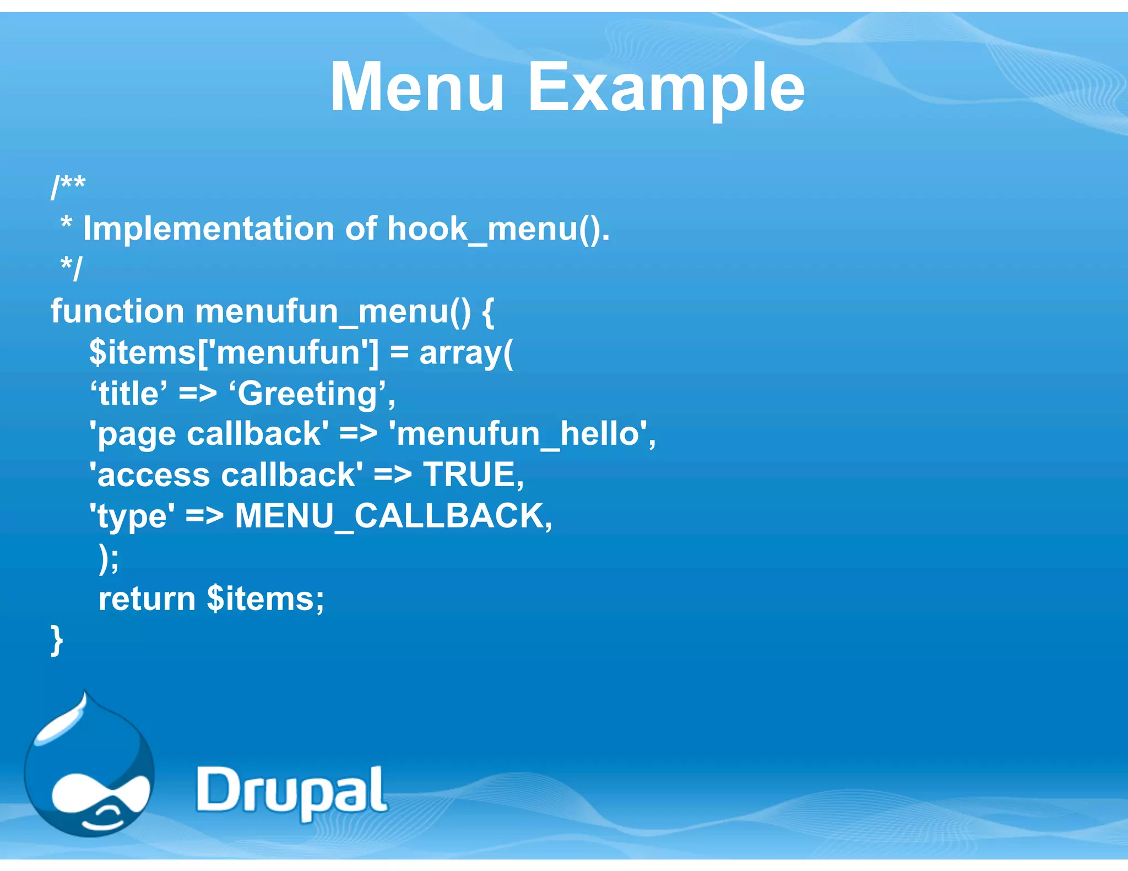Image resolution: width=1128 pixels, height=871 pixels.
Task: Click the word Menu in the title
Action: click(x=417, y=88)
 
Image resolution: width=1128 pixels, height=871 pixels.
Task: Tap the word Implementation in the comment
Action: click(x=209, y=228)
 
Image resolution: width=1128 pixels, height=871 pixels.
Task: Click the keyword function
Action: click(x=117, y=311)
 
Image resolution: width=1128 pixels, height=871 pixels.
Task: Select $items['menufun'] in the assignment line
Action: click(x=234, y=353)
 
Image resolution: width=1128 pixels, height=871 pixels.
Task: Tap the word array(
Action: click(x=466, y=353)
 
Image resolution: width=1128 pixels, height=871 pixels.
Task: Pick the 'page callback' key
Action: click(x=209, y=434)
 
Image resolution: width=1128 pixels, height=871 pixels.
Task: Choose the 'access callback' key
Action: click(x=226, y=475)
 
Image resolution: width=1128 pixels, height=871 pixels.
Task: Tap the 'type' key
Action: click(x=132, y=516)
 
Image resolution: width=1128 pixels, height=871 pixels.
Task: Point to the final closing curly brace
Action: click(x=57, y=640)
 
